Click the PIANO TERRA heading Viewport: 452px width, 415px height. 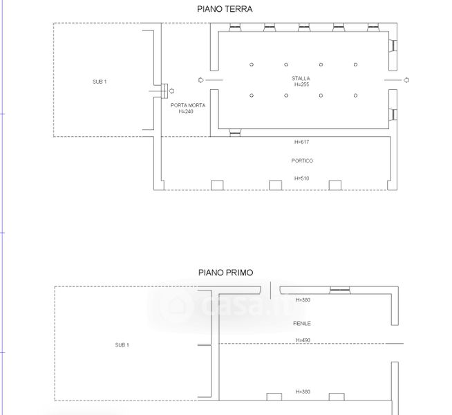coord(225,9)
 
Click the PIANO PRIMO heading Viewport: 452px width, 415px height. coord(225,273)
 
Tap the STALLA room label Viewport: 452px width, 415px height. coord(301,78)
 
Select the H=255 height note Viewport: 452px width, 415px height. coord(301,84)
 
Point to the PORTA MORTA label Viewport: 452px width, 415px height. coord(188,105)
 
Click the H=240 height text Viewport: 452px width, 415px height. coord(186,111)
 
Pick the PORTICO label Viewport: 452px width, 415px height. coord(302,160)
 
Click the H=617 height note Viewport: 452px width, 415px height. coord(301,142)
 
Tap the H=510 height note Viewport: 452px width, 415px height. coord(301,178)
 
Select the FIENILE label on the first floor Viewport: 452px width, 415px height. coord(302,323)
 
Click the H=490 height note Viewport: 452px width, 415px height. coord(303,340)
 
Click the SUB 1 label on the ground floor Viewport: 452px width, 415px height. coord(100,82)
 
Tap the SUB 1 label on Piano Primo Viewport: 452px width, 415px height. coord(122,345)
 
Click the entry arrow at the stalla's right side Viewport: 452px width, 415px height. coord(406,80)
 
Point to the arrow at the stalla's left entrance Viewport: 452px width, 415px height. coord(201,80)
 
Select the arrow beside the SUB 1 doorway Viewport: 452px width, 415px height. coord(171,91)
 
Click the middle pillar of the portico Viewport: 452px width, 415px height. coord(275,185)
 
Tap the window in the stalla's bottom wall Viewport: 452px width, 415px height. coord(235,132)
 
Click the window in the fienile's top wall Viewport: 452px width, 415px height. coord(340,290)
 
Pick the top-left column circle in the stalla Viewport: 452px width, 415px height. coord(252,64)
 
